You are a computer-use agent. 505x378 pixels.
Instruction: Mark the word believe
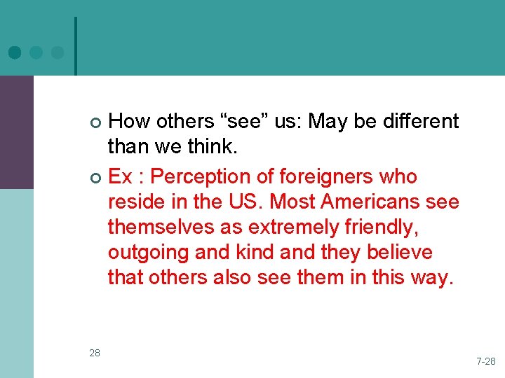401,252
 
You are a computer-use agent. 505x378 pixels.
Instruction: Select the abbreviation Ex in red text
121,176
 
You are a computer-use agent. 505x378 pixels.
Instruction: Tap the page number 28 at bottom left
95,353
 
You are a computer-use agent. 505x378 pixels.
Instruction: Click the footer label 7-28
485,361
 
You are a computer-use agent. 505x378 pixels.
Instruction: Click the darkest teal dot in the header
15,52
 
